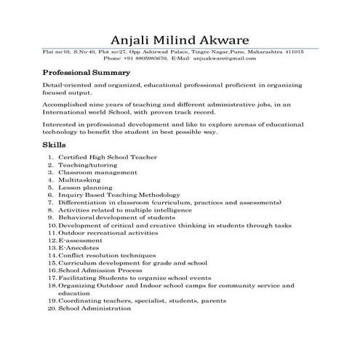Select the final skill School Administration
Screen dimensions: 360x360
coord(95,308)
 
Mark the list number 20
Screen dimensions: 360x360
coord(50,308)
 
